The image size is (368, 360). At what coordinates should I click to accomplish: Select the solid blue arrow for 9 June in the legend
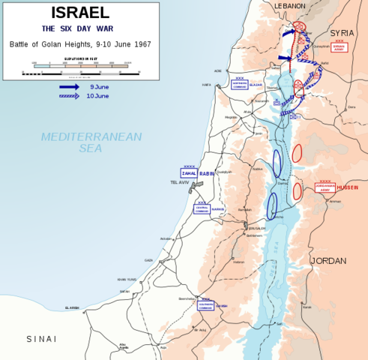69,87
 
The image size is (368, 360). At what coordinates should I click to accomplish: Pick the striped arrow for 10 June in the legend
69,96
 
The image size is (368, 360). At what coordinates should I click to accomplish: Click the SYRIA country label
342,34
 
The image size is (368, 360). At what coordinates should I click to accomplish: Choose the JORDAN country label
328,261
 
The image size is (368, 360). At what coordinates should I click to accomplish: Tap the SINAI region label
41,339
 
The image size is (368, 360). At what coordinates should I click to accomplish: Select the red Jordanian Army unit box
325,187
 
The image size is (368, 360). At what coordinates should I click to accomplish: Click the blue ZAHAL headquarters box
189,173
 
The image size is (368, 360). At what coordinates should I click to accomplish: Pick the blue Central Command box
202,209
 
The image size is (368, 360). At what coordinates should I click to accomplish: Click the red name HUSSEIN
349,188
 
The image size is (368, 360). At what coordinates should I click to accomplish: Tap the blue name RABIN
208,173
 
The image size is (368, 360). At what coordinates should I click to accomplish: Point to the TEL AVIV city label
180,182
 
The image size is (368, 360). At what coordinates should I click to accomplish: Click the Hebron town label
239,262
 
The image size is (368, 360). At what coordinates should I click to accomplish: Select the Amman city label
334,201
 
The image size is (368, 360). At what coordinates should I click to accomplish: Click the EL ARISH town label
72,308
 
